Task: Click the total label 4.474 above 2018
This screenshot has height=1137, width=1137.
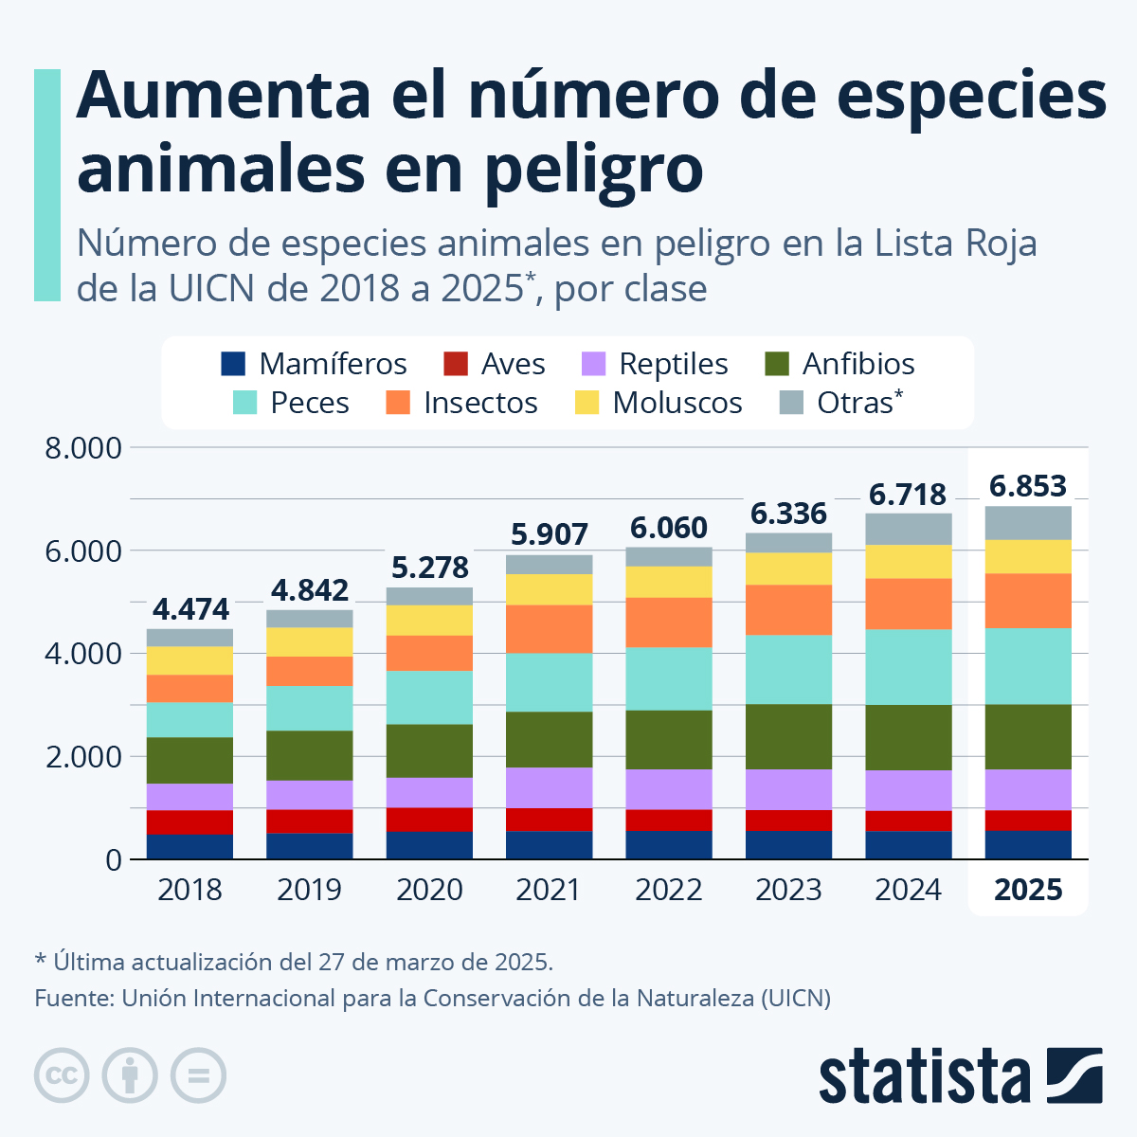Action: (x=190, y=608)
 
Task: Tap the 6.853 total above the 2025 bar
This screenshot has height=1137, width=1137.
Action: (x=1028, y=486)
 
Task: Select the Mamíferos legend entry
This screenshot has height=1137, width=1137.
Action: (x=314, y=364)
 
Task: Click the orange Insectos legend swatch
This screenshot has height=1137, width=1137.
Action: (x=398, y=403)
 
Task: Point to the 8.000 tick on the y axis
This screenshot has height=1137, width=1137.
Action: (x=83, y=447)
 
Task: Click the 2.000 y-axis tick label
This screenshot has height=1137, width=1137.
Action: (x=83, y=757)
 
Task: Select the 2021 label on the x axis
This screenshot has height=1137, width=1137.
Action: (x=549, y=890)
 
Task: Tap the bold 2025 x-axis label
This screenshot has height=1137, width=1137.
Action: (x=1028, y=890)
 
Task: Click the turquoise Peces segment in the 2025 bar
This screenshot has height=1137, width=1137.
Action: (x=1028, y=666)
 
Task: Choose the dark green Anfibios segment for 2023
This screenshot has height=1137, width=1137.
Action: (x=788, y=736)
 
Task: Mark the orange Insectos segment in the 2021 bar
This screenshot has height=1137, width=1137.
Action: (x=549, y=628)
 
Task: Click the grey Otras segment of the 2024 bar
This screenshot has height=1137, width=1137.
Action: (x=908, y=529)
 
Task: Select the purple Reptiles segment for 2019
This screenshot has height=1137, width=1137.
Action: (x=310, y=794)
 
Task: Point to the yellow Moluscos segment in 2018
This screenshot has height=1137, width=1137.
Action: (x=190, y=660)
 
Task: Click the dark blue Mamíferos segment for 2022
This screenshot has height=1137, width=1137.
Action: (x=669, y=845)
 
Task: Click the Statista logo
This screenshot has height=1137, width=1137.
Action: (x=960, y=1075)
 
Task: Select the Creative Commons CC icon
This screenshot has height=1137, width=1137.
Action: (x=62, y=1075)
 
